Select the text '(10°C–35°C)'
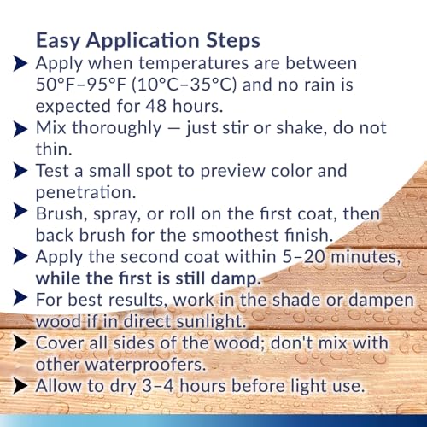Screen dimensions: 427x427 (183, 85)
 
